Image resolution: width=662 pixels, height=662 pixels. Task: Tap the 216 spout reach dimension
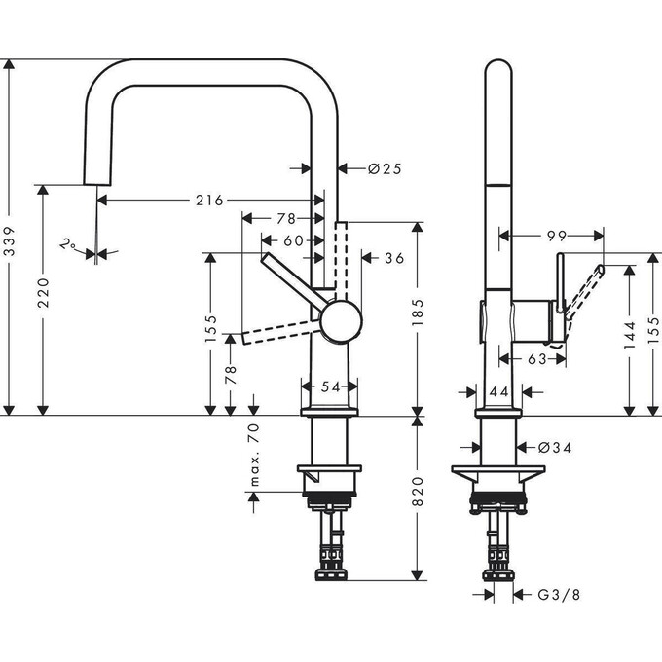click(x=210, y=201)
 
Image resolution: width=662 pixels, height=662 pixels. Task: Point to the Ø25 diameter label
click(x=385, y=168)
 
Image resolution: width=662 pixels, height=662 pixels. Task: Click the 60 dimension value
click(x=292, y=240)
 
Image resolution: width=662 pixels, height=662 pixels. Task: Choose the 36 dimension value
click(x=394, y=258)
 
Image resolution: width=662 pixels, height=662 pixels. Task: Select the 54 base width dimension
click(x=331, y=387)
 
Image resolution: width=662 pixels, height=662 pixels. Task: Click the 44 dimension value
click(x=497, y=391)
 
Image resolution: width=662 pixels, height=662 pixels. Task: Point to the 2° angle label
click(x=69, y=245)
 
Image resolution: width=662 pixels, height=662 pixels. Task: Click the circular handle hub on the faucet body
click(x=341, y=321)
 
